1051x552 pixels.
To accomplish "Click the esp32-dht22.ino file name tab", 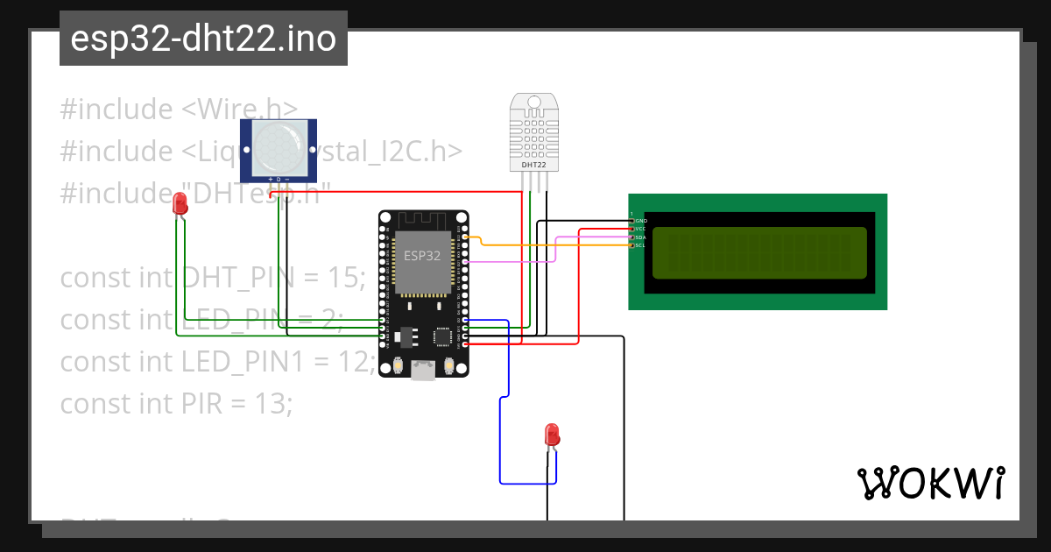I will tap(203, 39).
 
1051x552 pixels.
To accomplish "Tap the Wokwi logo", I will tap(930, 483).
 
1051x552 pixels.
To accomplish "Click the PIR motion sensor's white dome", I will tap(279, 147).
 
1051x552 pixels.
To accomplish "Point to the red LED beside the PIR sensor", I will tap(180, 205).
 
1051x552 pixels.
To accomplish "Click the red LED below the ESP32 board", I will tap(552, 434).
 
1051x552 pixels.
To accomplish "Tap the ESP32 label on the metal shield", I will tap(424, 255).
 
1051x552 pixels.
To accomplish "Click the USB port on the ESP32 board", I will tap(424, 372).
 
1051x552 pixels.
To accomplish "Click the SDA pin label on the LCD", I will tap(640, 237).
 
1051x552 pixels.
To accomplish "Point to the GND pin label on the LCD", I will tap(640, 221).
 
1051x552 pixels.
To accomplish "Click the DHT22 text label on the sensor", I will tap(534, 164).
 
